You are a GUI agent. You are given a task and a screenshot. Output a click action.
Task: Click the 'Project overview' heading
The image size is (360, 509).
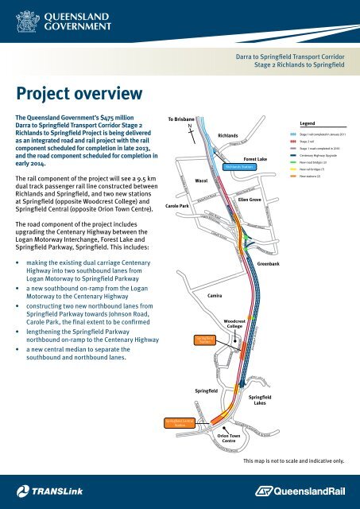point(76,94)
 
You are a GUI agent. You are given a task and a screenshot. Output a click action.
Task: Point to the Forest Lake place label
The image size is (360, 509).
point(255,159)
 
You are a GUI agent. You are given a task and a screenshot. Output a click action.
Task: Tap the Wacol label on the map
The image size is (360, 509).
point(202,181)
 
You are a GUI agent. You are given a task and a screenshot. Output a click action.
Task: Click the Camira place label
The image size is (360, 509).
point(214,295)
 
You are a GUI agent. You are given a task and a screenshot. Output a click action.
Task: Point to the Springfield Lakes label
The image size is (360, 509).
point(261,399)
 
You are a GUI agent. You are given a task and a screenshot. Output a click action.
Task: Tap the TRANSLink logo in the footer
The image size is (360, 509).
point(48,492)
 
